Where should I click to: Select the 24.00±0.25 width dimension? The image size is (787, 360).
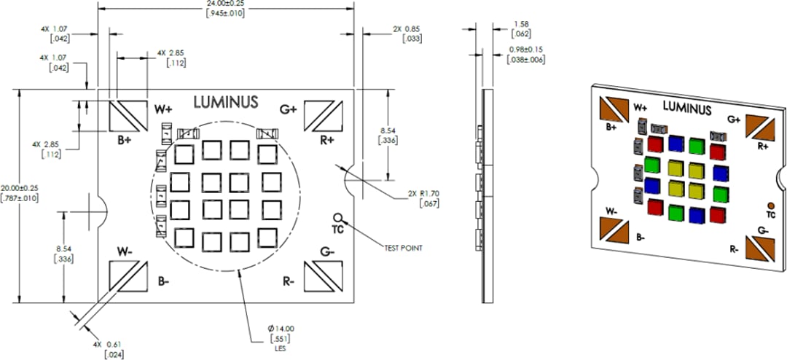pyautogui.click(x=225, y=4)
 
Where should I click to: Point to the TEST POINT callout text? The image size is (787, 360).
pyautogui.click(x=403, y=248)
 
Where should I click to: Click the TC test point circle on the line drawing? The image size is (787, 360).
pyautogui.click(x=337, y=217)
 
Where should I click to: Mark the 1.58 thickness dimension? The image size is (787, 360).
pyautogui.click(x=521, y=24)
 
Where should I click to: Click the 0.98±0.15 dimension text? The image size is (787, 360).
pyautogui.click(x=526, y=50)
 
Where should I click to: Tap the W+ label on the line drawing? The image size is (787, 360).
pyautogui.click(x=163, y=109)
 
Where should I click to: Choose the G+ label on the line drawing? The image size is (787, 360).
pyautogui.click(x=289, y=109)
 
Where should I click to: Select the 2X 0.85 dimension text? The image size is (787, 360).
pyautogui.click(x=407, y=29)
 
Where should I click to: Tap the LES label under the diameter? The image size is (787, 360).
pyautogui.click(x=281, y=349)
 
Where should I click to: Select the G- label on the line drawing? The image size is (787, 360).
pyautogui.click(x=328, y=252)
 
